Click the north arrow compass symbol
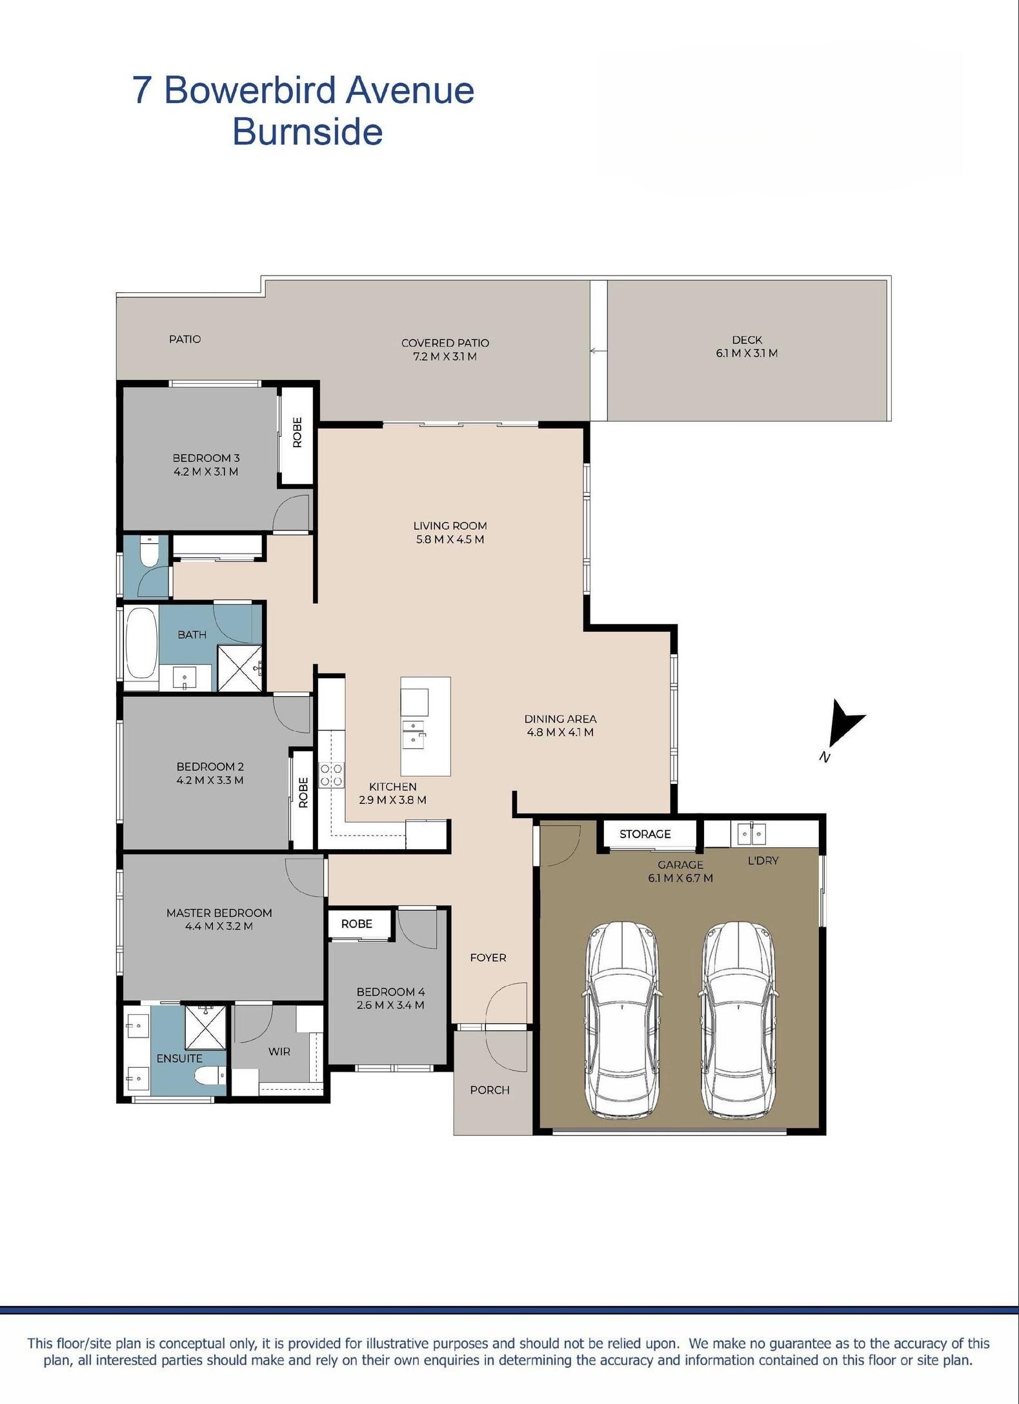click(x=844, y=726)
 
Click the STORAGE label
click(x=645, y=834)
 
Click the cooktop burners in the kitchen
click(x=332, y=774)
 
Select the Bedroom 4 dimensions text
click(x=390, y=1005)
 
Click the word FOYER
click(x=488, y=958)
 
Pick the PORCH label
click(x=490, y=1090)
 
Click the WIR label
click(x=279, y=1052)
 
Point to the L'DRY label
click(x=763, y=861)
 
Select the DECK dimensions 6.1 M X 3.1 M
click(x=747, y=353)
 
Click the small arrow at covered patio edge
click(x=596, y=351)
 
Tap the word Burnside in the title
click(x=308, y=132)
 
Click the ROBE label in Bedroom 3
click(x=297, y=432)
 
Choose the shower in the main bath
click(x=240, y=668)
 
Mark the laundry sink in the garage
click(x=751, y=834)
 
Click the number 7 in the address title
click(x=143, y=90)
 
